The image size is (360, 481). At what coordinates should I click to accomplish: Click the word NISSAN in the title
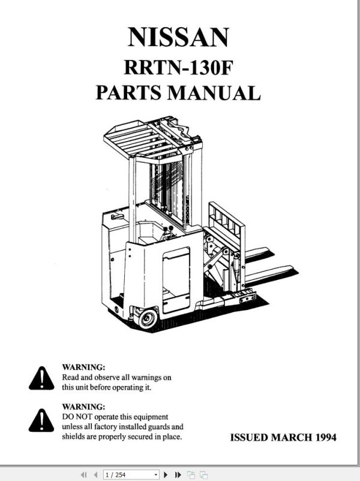[178, 37]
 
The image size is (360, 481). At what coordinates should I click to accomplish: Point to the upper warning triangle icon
[41, 378]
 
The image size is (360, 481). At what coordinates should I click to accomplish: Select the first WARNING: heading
[84, 366]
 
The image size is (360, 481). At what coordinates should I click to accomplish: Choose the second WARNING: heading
[84, 407]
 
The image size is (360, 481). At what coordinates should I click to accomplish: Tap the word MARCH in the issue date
[291, 437]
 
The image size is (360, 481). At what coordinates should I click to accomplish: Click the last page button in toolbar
[178, 475]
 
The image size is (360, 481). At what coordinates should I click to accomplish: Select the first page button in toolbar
[83, 475]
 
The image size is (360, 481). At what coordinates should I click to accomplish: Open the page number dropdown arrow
[156, 475]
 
